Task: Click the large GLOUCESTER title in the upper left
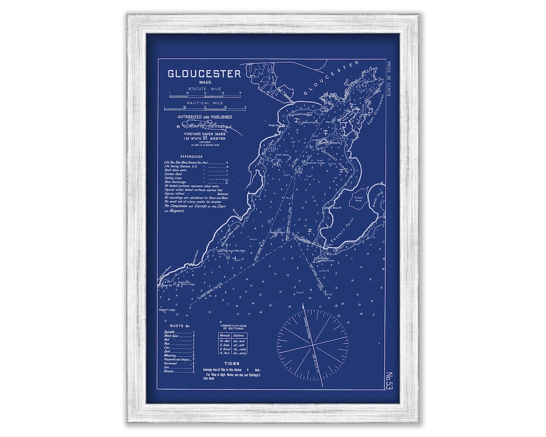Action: pos(204,73)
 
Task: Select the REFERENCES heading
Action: pos(187,157)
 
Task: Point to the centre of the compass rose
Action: pos(312,336)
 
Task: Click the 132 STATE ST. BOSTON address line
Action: pos(204,138)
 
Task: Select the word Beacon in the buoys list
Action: pos(169,371)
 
